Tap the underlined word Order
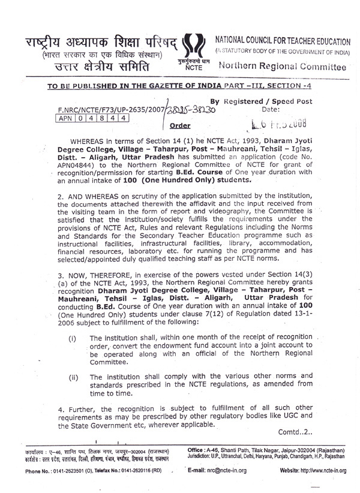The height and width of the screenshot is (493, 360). (180, 125)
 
